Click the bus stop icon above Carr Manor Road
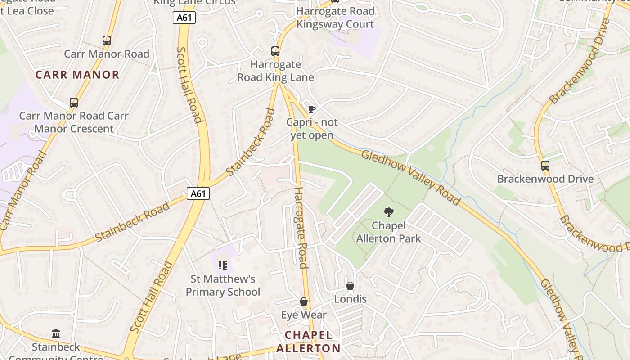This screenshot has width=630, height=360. [107, 40]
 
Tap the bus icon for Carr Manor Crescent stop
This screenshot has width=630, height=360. [74, 103]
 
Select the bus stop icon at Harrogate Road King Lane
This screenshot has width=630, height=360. [275, 51]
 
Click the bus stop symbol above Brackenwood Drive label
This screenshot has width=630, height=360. [545, 165]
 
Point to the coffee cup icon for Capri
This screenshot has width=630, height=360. [311, 109]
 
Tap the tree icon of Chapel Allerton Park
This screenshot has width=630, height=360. [388, 212]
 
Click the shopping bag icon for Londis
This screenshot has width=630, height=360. [350, 286]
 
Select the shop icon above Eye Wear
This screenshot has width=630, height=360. [304, 301]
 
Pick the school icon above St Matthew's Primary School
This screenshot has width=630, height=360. [223, 265]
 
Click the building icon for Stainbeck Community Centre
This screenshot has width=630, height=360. [56, 333]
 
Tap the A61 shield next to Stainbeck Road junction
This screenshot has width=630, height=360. [198, 193]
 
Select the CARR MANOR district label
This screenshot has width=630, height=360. [77, 75]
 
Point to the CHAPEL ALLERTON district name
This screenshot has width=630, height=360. [309, 342]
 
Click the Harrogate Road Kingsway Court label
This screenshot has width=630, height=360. [335, 18]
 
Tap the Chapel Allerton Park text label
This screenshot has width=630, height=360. [388, 232]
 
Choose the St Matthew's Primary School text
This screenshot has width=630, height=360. [223, 286]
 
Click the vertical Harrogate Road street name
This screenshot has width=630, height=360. [301, 227]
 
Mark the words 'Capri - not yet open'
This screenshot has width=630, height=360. [312, 129]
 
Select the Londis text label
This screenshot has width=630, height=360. [350, 299]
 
